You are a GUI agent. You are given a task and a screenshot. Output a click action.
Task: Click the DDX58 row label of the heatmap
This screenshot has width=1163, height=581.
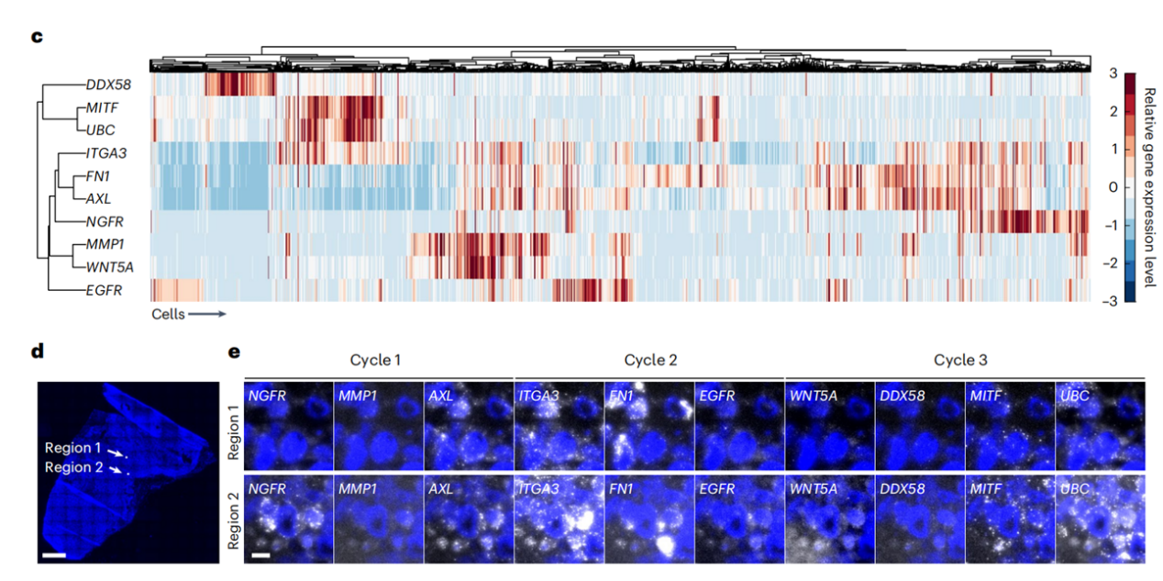coord(107,84)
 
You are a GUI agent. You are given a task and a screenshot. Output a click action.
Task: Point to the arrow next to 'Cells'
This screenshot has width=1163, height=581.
coord(206,314)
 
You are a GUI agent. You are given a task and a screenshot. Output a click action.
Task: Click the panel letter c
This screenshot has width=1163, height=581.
coord(37,38)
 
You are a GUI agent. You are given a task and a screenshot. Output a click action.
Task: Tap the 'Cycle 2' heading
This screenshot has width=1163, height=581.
coord(650,359)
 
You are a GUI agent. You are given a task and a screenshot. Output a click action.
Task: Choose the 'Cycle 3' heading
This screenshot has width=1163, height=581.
coord(960,359)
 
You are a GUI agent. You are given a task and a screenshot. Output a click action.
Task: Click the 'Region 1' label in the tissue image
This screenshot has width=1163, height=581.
coord(73,448)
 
